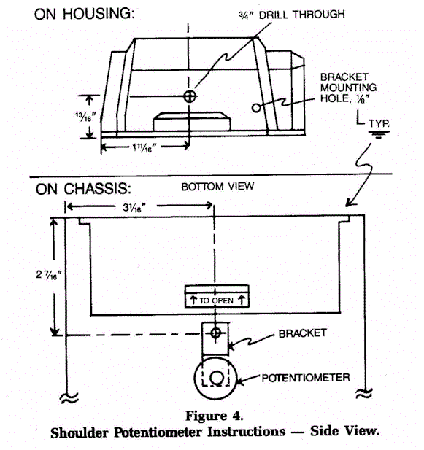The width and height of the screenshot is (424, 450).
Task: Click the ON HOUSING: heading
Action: click(x=84, y=14)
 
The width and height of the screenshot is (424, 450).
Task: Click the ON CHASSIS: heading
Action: click(x=83, y=189)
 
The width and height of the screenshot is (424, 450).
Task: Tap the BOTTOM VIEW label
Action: click(x=217, y=187)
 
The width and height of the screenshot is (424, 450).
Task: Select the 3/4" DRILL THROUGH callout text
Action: click(x=292, y=15)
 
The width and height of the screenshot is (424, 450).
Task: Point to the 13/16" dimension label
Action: click(x=85, y=117)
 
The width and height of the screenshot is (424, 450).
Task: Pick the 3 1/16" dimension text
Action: click(x=134, y=207)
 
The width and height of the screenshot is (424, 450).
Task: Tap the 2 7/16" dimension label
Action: click(x=48, y=275)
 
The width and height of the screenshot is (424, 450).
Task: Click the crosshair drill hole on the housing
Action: click(x=190, y=96)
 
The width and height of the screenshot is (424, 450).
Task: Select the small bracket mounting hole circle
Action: click(x=256, y=108)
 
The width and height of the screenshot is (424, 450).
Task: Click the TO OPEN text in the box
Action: click(x=216, y=300)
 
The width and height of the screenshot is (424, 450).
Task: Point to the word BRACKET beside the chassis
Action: click(x=302, y=333)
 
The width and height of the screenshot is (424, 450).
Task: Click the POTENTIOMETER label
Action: click(x=306, y=378)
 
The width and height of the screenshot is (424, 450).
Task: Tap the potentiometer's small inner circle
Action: click(x=217, y=379)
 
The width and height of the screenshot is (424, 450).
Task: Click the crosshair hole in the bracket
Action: click(x=215, y=333)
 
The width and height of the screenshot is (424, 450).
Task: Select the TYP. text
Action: click(x=379, y=124)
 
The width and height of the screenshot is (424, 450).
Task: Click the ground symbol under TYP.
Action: click(x=379, y=134)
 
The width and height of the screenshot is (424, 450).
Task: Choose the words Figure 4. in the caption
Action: click(x=215, y=416)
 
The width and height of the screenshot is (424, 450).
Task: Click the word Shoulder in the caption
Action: click(x=80, y=432)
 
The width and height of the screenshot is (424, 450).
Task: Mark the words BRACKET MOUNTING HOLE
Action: click(x=348, y=88)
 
